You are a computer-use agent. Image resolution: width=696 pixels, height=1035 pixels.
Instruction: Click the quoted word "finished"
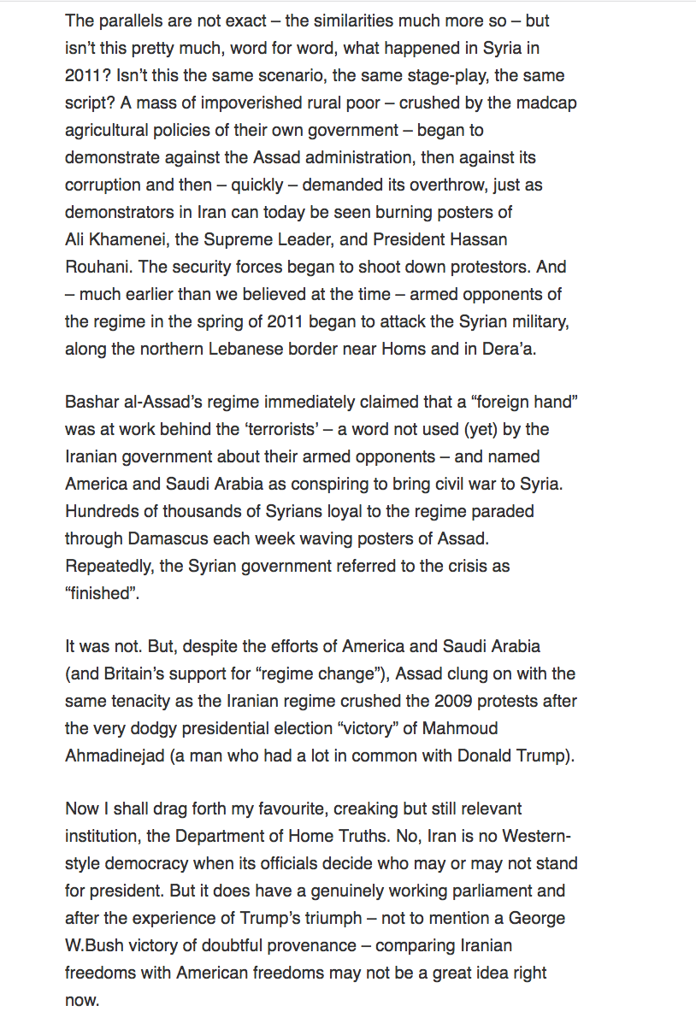tap(102, 592)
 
